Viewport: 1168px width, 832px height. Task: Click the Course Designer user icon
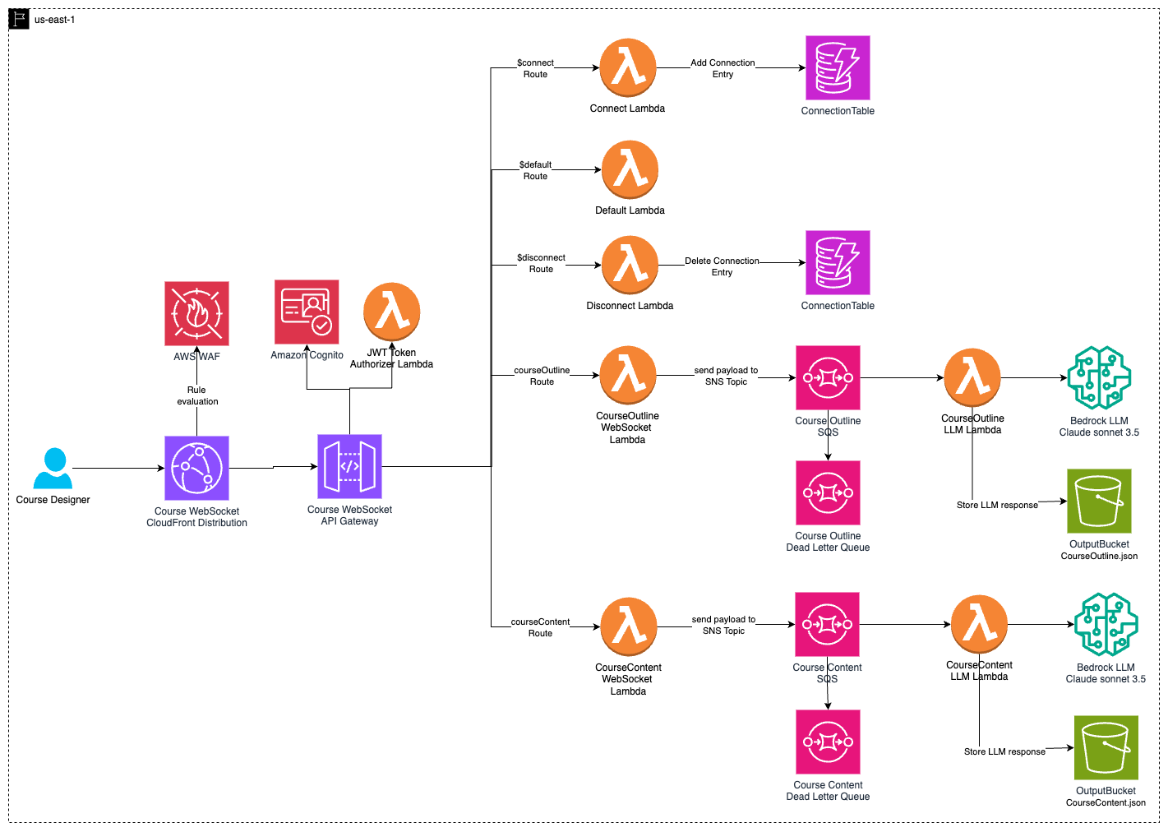(53, 469)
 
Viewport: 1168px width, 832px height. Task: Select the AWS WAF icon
(196, 313)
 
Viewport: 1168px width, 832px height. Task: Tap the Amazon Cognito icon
(307, 312)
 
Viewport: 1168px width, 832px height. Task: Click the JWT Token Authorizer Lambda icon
(392, 312)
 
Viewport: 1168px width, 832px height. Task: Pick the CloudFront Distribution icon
(196, 468)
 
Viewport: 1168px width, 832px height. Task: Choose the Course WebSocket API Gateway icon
(349, 466)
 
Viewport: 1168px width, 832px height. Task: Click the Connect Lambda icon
(628, 68)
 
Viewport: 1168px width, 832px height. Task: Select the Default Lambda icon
(630, 169)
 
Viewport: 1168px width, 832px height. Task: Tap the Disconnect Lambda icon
(630, 265)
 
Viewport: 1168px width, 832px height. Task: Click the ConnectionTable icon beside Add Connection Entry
(838, 67)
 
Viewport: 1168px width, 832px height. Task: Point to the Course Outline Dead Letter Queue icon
(828, 492)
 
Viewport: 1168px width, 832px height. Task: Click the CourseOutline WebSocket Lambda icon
(628, 375)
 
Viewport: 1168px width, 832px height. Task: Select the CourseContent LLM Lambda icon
(979, 624)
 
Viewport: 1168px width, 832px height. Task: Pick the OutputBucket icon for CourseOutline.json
(1099, 501)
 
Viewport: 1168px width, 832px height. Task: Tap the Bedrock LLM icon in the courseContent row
(1106, 624)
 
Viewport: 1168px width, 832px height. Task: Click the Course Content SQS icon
(827, 624)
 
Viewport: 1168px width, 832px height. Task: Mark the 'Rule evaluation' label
(197, 395)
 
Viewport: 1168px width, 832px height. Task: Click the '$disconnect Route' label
(541, 263)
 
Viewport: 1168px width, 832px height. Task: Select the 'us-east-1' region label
(54, 20)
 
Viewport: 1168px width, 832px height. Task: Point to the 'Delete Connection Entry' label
(722, 266)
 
